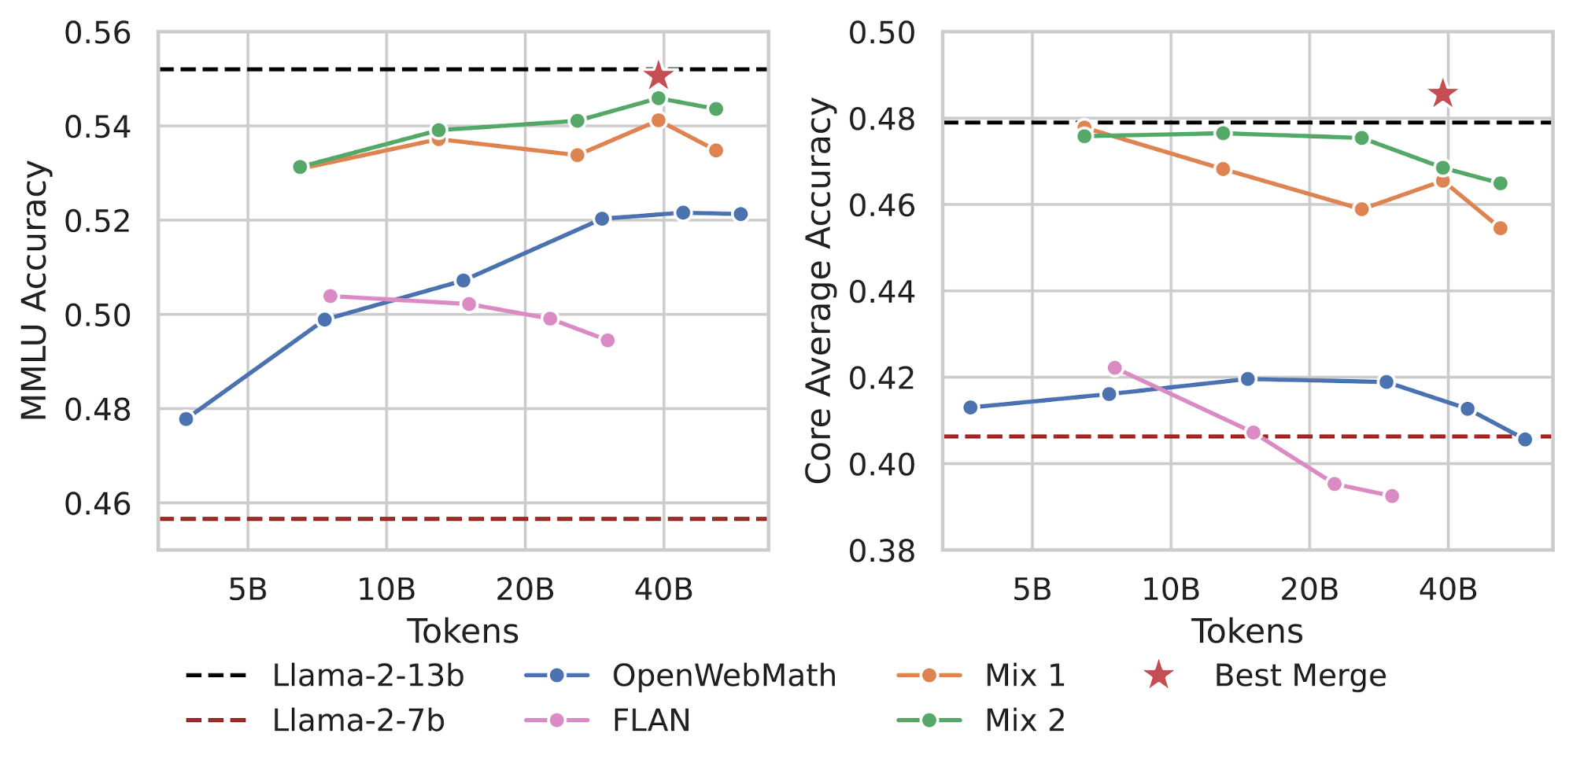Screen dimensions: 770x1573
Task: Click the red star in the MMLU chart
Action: coord(658,76)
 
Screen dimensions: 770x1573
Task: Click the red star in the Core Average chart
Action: coord(1442,94)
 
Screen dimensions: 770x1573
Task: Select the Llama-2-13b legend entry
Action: coord(368,676)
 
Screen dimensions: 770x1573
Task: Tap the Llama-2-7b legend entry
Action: coord(359,720)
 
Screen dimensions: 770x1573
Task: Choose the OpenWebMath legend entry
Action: coord(724,676)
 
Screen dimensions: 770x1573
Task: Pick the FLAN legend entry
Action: coord(651,720)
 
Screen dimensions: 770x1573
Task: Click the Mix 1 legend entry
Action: coord(1025,676)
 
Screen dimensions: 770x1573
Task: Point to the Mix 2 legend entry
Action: coord(1025,720)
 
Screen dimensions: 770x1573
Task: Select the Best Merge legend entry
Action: coord(1300,676)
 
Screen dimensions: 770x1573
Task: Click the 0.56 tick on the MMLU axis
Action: coord(98,34)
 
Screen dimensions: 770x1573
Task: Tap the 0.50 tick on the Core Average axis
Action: coord(882,34)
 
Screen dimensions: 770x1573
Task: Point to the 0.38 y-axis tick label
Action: coord(882,551)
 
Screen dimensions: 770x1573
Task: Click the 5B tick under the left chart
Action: coord(248,588)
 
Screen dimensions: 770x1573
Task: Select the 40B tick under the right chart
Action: coord(1448,588)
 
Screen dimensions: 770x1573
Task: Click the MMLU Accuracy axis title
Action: coord(35,291)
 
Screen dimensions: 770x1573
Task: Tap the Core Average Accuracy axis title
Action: coord(818,291)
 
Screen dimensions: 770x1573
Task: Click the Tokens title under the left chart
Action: coord(463,632)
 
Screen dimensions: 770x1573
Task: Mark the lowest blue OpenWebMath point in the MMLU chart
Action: coord(186,418)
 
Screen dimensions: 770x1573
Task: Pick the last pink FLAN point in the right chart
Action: coord(1392,496)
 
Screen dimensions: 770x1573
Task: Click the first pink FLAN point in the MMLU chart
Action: coord(330,296)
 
